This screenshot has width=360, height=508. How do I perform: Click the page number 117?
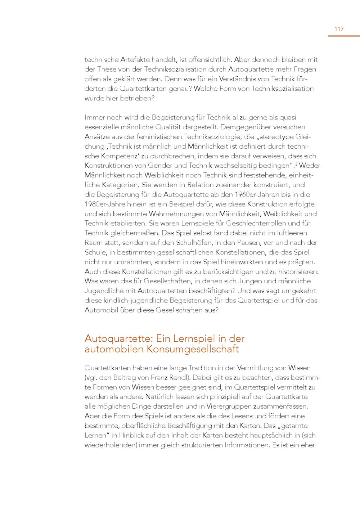(x=339, y=29)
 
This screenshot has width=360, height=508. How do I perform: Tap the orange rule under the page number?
(x=343, y=36)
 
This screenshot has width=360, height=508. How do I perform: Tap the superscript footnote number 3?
(x=296, y=164)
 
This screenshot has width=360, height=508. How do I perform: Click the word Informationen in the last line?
(x=247, y=445)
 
